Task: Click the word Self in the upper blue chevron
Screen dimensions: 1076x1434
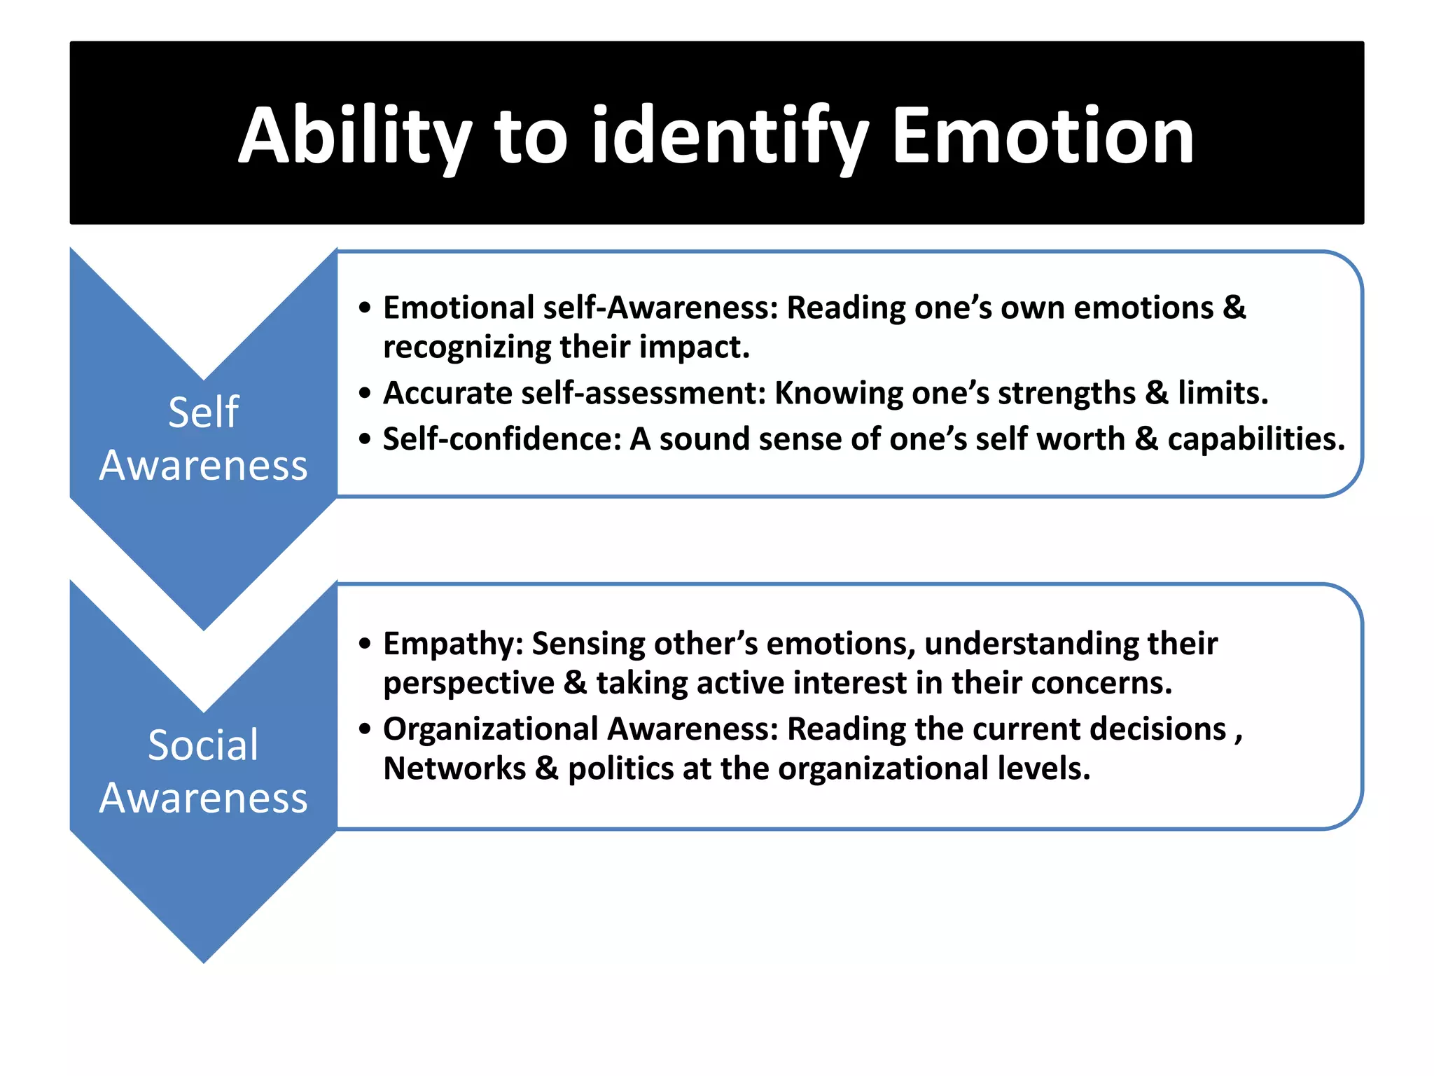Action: pos(203,412)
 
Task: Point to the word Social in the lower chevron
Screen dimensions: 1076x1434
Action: pos(203,745)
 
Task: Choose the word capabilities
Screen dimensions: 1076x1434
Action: pos(1256,440)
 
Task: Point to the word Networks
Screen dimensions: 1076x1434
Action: pos(454,769)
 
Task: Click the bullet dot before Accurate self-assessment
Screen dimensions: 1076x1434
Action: pos(364,394)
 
